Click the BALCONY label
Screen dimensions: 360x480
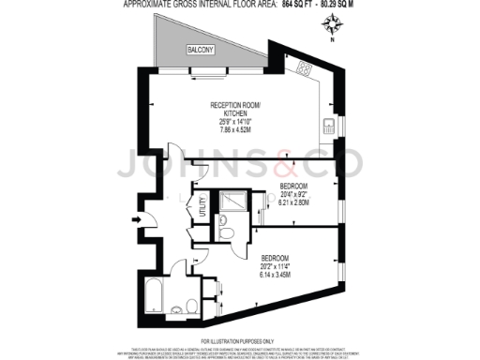pos(199,49)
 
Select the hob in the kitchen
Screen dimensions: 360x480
pos(305,68)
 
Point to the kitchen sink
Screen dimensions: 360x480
pos(329,127)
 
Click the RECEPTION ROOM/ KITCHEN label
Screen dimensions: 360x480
pos(233,108)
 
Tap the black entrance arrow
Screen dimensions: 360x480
pos(139,220)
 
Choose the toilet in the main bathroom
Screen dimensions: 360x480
pos(191,305)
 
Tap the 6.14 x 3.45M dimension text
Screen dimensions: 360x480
pos(278,274)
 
